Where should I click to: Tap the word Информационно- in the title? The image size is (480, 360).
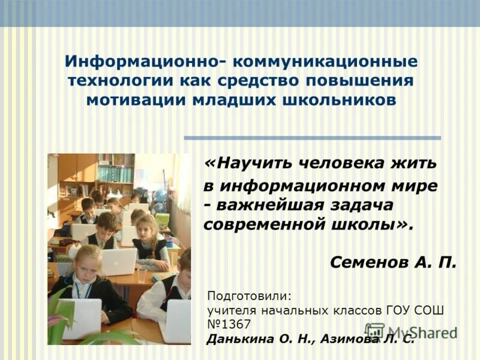coord(143,62)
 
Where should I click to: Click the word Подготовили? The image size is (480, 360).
coord(249,296)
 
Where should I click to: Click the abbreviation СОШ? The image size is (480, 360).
coord(428,311)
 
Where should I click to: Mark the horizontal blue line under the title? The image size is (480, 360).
coord(312,138)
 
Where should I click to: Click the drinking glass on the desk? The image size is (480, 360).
coord(142,274)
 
